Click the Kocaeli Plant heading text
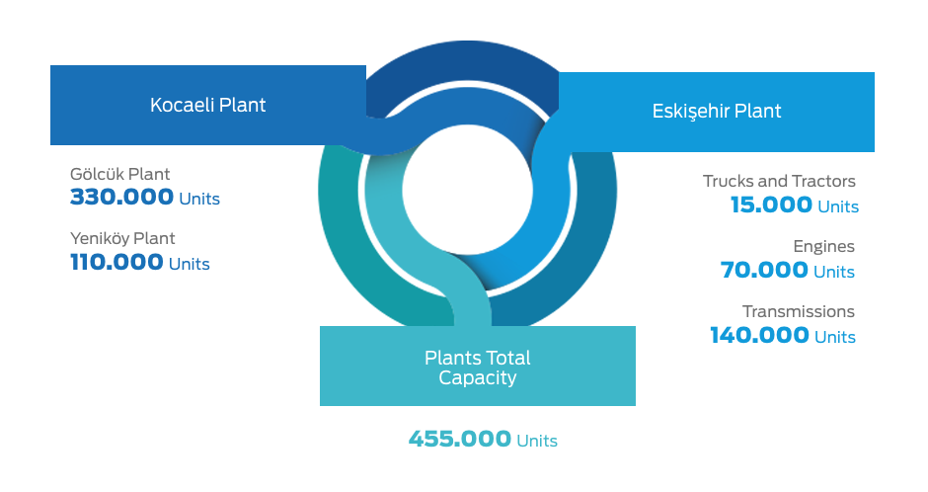coord(207,105)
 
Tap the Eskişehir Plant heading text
coord(717,112)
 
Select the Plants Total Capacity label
coord(478,368)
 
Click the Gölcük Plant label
coord(120,174)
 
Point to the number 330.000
coord(121,198)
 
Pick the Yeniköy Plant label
coord(122,239)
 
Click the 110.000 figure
coord(116,262)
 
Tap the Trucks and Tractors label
coord(780,181)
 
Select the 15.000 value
coord(771,205)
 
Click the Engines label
coord(823,246)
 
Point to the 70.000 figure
coord(764,271)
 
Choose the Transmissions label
coord(799,311)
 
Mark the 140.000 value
coord(759,336)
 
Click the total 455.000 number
coord(460,440)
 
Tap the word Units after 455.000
coord(537,441)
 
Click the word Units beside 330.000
coord(199,199)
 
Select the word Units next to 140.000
coord(835,338)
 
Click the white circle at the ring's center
coord(468,190)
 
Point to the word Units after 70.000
coord(834,273)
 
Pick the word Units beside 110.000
coord(190,264)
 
